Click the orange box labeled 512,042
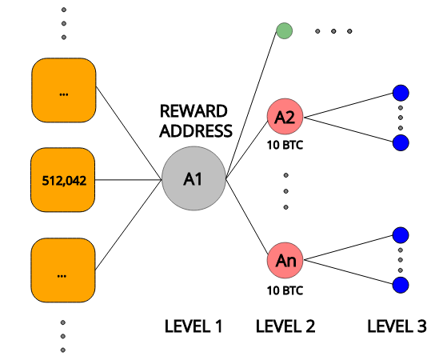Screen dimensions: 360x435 tap(63, 180)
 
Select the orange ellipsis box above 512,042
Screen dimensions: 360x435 tap(63, 90)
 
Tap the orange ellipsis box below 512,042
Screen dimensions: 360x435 tap(63, 270)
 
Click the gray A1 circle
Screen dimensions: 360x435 tap(194, 178)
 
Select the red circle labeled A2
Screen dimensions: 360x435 tap(285, 118)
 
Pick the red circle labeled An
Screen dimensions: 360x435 tap(285, 261)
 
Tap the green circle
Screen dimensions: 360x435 tap(284, 31)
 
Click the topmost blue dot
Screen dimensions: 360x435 tap(401, 93)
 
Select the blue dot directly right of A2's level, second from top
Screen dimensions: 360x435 tap(401, 142)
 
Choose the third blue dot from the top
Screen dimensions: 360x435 tap(401, 235)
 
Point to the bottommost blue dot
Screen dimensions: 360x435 tap(401, 285)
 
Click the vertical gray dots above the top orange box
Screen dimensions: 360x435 tap(63, 23)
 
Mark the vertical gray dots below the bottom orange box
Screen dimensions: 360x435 tap(62, 336)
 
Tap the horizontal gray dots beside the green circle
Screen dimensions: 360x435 tap(333, 31)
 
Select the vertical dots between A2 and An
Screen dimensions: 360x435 tap(285, 190)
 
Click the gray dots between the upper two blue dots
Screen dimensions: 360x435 tap(401, 118)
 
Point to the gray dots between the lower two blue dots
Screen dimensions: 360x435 tap(401, 260)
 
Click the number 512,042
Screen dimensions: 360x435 tap(63, 181)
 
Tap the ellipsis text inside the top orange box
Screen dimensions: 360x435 tap(63, 94)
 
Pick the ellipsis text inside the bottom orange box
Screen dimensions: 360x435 tap(62, 274)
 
